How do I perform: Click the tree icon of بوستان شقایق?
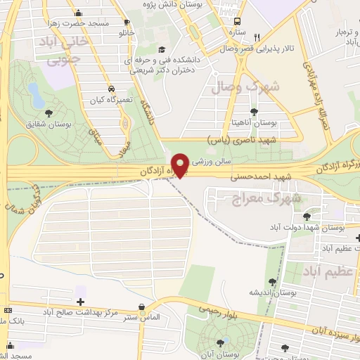click(x=49, y=112)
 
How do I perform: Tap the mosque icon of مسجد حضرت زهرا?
click(x=77, y=13)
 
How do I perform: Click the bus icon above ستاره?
click(x=237, y=21)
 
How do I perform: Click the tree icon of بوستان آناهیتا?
click(x=254, y=111)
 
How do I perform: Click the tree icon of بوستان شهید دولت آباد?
click(x=307, y=217)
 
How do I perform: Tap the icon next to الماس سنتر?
click(x=143, y=307)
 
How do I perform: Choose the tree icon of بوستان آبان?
click(x=221, y=342)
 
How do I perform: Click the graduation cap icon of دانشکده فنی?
click(x=162, y=49)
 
